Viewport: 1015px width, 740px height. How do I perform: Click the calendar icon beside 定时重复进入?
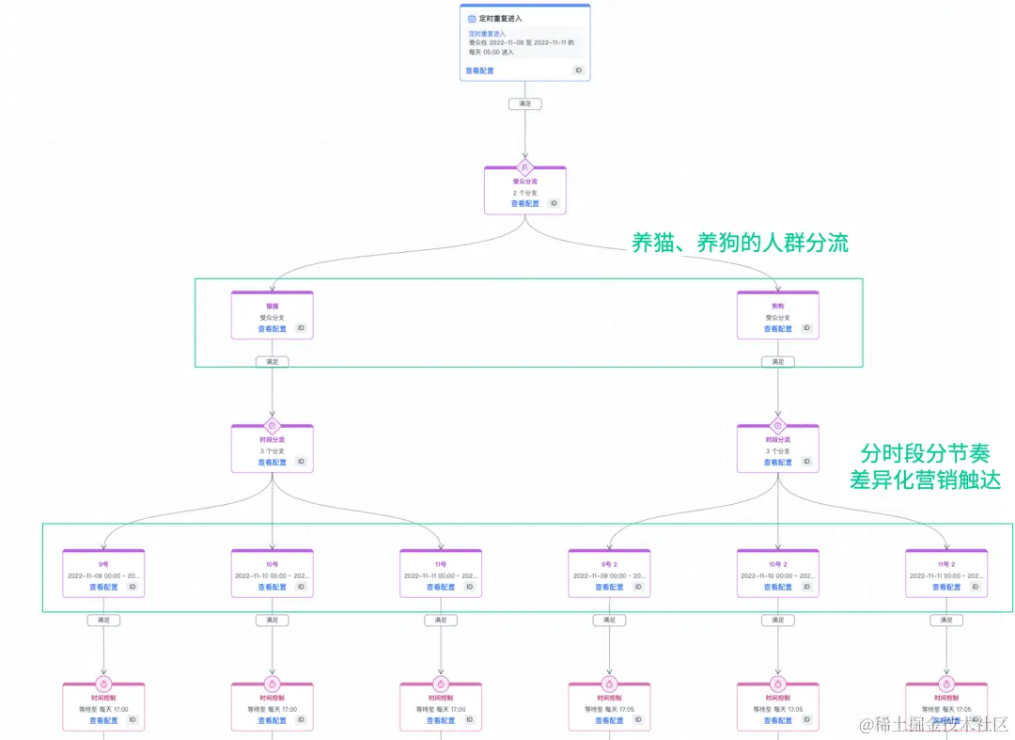pos(472,18)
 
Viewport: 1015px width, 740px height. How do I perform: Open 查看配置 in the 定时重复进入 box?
pos(478,71)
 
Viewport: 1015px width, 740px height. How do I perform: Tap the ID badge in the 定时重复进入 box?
pos(578,71)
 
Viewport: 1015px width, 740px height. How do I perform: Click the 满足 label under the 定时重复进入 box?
pos(524,103)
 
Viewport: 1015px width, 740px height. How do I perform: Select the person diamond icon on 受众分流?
pos(524,167)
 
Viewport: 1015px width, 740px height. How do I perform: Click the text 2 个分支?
pos(524,193)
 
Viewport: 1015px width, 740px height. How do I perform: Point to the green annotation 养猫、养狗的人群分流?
pos(740,244)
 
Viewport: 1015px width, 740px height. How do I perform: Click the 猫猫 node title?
pos(272,307)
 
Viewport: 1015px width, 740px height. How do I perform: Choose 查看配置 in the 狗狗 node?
pos(777,329)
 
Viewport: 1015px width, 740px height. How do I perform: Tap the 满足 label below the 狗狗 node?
pos(777,361)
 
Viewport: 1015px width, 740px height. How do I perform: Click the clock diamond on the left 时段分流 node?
pos(272,425)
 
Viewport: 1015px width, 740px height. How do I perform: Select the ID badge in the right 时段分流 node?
pos(805,463)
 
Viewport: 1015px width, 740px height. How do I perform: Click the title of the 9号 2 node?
pos(609,564)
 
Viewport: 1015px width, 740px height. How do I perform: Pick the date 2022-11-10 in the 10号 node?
pos(256,575)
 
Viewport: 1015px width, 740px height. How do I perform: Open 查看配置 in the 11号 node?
pos(440,587)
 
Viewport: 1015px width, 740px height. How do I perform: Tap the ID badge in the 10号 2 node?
pos(805,587)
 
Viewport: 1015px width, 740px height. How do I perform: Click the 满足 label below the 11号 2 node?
pos(945,621)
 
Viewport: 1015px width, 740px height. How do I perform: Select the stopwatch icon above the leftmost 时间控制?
pos(103,684)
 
